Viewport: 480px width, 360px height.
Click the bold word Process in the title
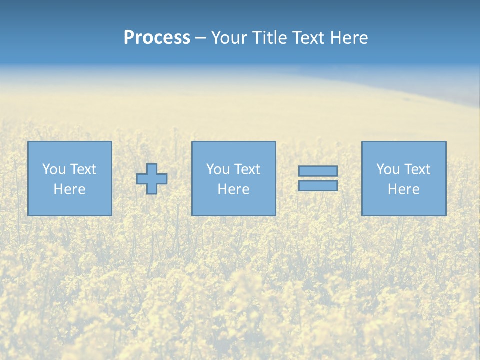[157, 38]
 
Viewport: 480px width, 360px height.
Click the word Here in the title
[349, 38]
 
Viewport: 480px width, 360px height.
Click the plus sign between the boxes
[152, 179]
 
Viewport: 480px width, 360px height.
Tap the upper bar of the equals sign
[318, 171]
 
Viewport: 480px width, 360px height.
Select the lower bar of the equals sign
[318, 185]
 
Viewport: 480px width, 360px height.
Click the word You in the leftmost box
[54, 169]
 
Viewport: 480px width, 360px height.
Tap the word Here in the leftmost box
[69, 189]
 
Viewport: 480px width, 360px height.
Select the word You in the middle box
[218, 169]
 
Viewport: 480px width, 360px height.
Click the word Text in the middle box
[247, 169]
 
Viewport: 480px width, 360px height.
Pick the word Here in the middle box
[233, 189]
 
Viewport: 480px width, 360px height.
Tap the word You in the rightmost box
[388, 169]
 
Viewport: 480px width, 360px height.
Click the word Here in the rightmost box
[403, 189]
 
